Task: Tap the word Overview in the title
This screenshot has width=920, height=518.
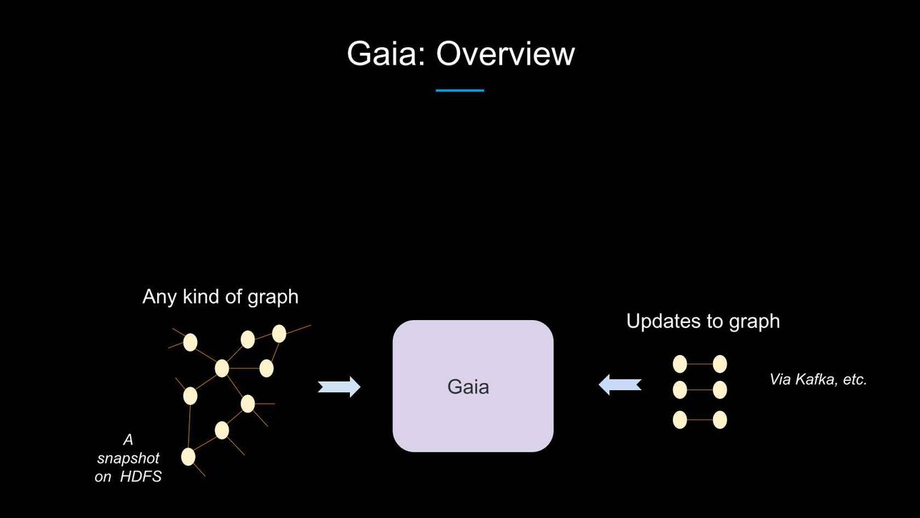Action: coord(505,54)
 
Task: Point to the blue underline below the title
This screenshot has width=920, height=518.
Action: coord(460,90)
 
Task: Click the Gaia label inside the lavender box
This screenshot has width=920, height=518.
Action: coord(469,387)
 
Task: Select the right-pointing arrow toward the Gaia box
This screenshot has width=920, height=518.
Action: coord(339,387)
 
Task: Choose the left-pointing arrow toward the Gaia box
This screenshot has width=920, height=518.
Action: coord(620,385)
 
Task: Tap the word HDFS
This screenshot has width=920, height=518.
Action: coord(141,477)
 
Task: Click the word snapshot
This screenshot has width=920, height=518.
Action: coord(128,459)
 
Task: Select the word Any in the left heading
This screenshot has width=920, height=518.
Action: coord(160,297)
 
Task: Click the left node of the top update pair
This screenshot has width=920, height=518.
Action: coord(680,364)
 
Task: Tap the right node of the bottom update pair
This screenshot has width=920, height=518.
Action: coord(719,420)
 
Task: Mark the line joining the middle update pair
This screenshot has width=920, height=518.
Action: coord(700,390)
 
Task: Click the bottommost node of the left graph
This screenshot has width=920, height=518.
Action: coord(188,457)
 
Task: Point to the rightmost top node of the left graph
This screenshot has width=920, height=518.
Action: coord(279,334)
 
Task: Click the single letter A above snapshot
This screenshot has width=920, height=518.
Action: coord(128,440)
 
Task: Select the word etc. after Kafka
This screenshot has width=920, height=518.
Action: coord(855,379)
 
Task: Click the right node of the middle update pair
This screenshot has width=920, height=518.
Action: coord(719,390)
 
